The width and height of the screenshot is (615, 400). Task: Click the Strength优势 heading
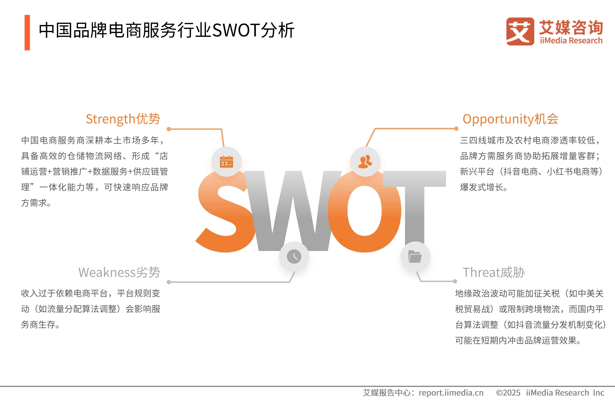(123, 119)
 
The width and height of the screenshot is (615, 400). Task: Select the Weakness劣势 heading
(119, 272)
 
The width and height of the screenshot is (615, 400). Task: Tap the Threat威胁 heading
(494, 272)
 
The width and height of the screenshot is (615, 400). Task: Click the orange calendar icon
(226, 162)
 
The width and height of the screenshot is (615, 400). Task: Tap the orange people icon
(365, 162)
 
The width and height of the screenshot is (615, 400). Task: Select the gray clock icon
(294, 257)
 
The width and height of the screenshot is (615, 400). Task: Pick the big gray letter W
(293, 211)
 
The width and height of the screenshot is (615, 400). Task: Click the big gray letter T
(415, 207)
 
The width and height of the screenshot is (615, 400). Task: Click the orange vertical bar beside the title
(27, 33)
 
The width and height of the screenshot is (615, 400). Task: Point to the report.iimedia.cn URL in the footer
(451, 393)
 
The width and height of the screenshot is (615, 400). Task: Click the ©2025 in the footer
(508, 393)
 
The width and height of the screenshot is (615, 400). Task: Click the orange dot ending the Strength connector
(169, 129)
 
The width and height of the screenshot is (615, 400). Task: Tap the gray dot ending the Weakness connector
(169, 282)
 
